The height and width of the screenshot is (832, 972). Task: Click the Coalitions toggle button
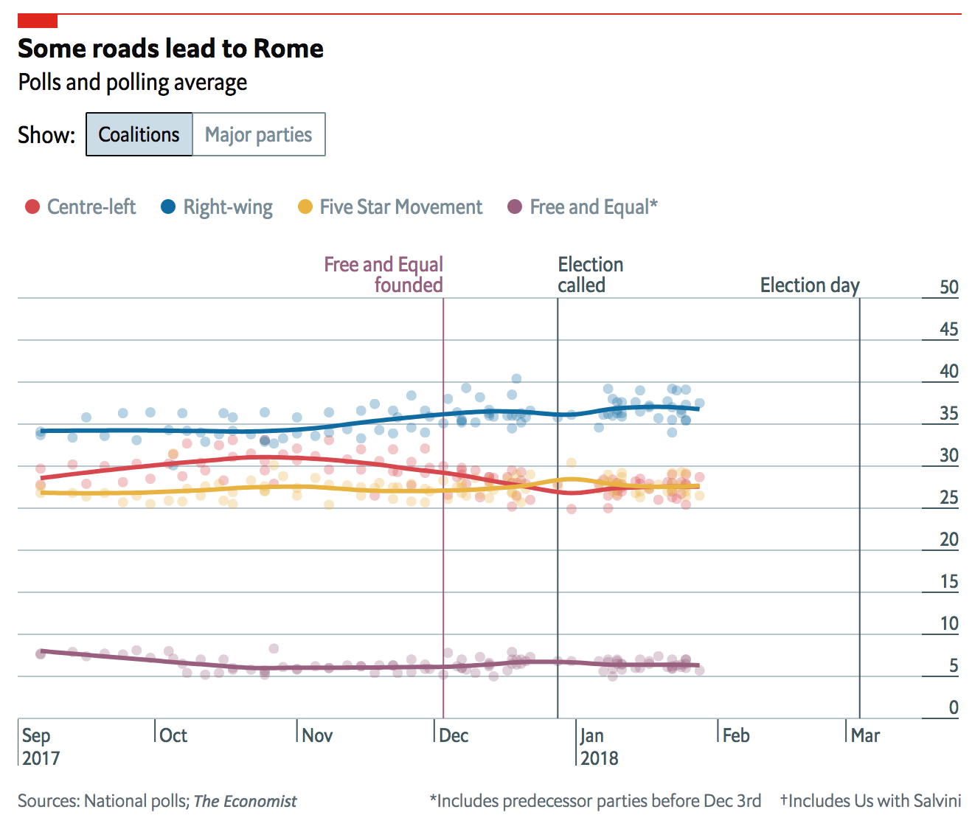[139, 134]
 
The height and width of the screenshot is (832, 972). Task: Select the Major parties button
[258, 134]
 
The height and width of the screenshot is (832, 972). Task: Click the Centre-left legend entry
[81, 207]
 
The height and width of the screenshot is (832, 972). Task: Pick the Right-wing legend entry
[218, 207]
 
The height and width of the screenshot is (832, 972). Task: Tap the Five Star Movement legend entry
[391, 207]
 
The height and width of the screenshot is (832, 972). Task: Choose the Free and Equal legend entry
[583, 207]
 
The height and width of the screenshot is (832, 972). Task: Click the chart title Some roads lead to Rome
[170, 49]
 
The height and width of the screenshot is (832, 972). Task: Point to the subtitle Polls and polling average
[133, 83]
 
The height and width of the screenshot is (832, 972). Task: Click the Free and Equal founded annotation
[384, 274]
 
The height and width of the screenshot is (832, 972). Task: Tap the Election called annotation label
[590, 274]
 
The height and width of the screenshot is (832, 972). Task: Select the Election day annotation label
[810, 285]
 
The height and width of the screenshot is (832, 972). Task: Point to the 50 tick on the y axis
[949, 288]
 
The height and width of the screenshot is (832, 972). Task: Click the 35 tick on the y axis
[949, 414]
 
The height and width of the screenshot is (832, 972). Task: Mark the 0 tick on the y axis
[953, 708]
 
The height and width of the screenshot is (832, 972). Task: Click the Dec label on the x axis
[454, 735]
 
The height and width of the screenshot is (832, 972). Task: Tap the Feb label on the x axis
[736, 735]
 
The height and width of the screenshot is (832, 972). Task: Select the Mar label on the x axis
[865, 735]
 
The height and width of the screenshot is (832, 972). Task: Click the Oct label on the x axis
[173, 735]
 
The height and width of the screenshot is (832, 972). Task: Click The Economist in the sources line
[245, 801]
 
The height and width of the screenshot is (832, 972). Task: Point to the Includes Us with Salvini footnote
[871, 801]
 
